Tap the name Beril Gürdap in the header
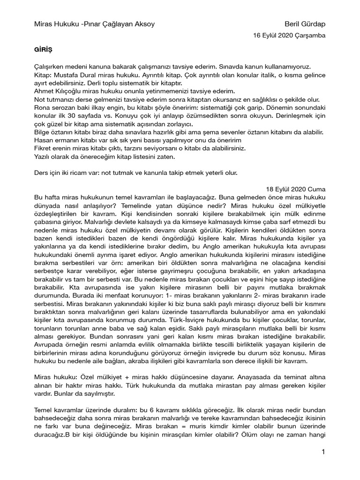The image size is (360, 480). tap(305, 24)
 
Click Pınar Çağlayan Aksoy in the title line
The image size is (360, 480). tap(125, 24)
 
